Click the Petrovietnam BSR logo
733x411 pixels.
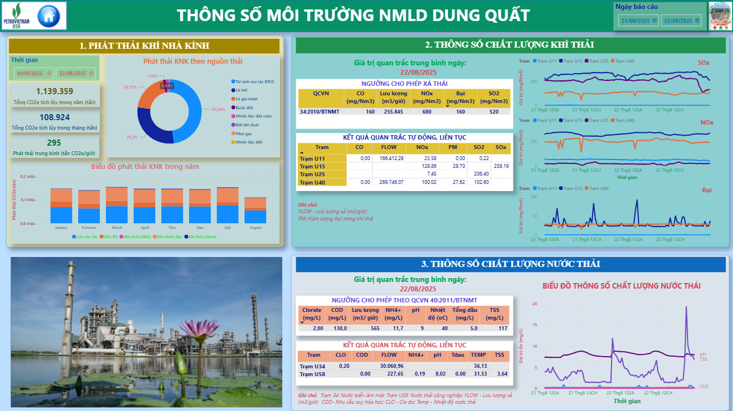[17, 16]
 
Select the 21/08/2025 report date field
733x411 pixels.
[638, 20]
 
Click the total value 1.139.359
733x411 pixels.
[54, 91]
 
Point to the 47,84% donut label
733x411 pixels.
[218, 109]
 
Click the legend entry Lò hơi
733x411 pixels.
[241, 90]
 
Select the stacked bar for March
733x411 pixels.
[117, 205]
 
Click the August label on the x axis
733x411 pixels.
[256, 228]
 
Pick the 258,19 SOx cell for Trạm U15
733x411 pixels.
[501, 166]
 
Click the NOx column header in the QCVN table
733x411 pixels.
[427, 97]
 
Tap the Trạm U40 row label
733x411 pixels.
[313, 182]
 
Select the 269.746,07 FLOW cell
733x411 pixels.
[391, 182]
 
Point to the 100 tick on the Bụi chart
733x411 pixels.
[534, 197]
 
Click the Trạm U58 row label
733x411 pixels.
[312, 374]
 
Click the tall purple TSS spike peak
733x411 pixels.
[686, 307]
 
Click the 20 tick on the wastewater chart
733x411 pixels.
[534, 304]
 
